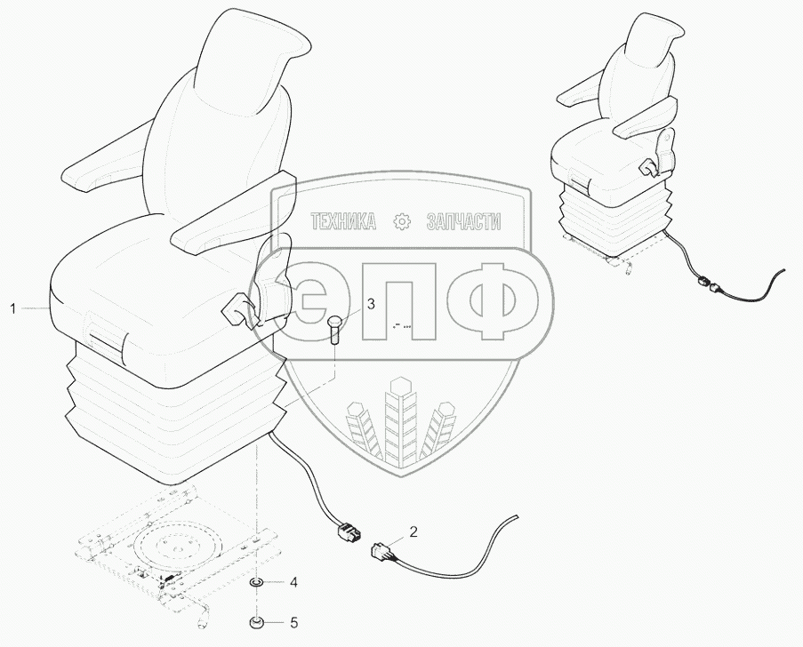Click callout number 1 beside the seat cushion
(x=13, y=308)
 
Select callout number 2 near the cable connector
(x=413, y=533)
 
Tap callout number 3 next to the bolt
(x=372, y=304)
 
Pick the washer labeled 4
(x=256, y=583)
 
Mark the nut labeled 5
(x=256, y=621)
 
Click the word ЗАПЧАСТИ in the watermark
(x=463, y=221)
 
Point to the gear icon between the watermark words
(x=403, y=221)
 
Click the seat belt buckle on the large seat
(x=238, y=311)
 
